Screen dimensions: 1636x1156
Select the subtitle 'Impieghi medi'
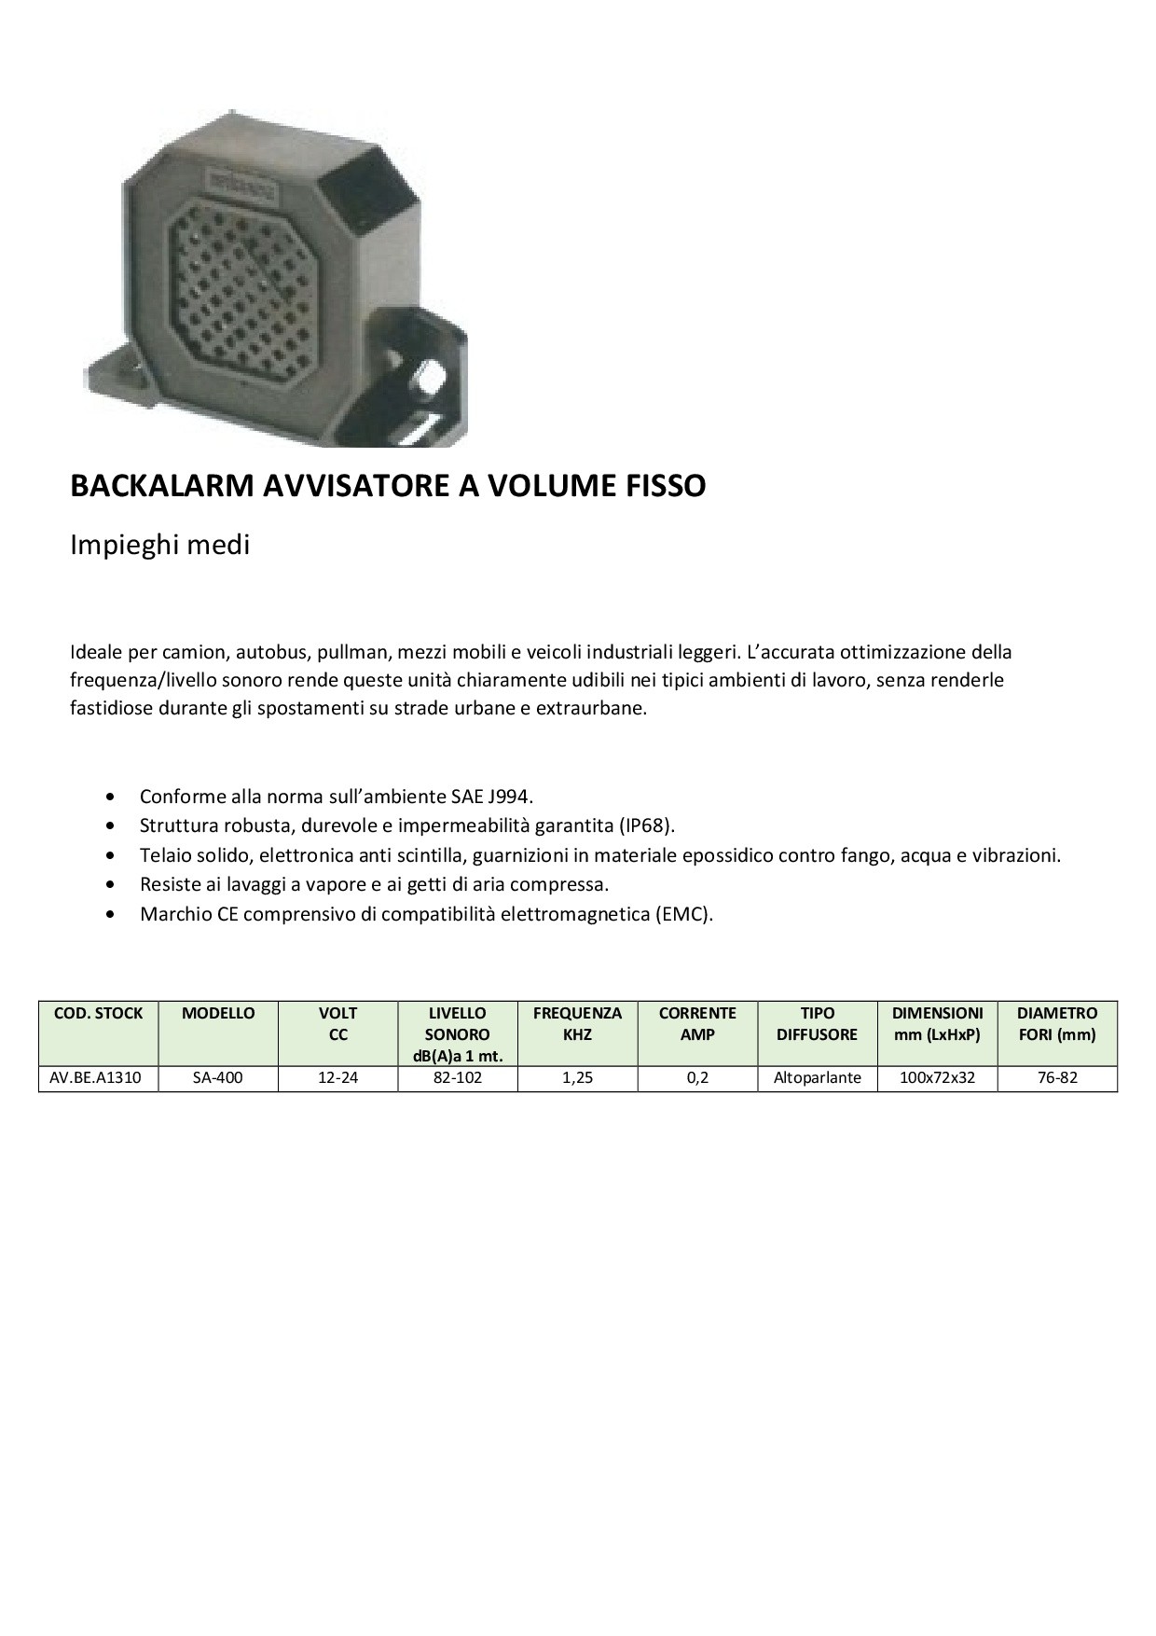pyautogui.click(x=160, y=545)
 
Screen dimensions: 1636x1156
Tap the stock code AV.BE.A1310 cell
pyautogui.click(x=98, y=1078)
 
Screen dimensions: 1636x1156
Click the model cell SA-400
pyautogui.click(x=218, y=1078)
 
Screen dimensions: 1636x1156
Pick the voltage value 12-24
pyautogui.click(x=337, y=1078)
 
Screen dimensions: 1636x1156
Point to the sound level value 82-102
pyautogui.click(x=458, y=1078)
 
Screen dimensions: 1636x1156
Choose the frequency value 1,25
pyautogui.click(x=578, y=1078)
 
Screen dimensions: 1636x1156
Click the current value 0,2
pyautogui.click(x=697, y=1078)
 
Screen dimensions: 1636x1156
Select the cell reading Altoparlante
pyautogui.click(x=818, y=1078)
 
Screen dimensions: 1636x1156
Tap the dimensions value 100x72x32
pyautogui.click(x=937, y=1078)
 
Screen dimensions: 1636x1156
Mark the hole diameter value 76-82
pyautogui.click(x=1057, y=1078)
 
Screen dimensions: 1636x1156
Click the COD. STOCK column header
pyautogui.click(x=98, y=1014)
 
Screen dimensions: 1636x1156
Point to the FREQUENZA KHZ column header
pyautogui.click(x=578, y=1023)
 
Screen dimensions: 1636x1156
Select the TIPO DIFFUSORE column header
pyautogui.click(x=818, y=1023)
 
